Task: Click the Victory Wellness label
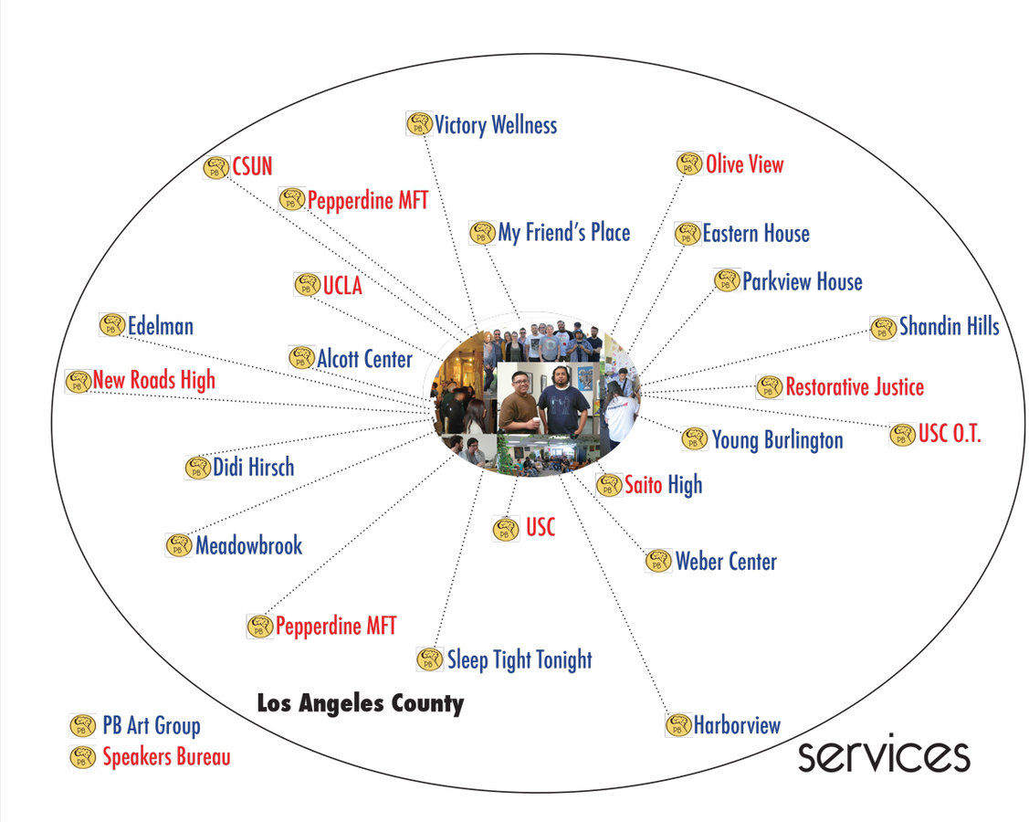click(495, 124)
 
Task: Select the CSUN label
click(252, 166)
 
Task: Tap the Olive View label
click(744, 164)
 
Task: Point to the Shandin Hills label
click(949, 326)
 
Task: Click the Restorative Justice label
click(855, 387)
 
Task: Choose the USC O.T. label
click(950, 435)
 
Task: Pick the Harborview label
click(737, 725)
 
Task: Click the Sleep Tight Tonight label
click(519, 659)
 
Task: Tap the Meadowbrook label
click(248, 546)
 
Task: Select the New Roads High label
click(154, 380)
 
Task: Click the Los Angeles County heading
click(360, 704)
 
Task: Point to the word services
click(883, 755)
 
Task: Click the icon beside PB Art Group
click(83, 726)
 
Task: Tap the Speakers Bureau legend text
click(166, 757)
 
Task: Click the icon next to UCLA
click(307, 285)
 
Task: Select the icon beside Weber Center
click(657, 561)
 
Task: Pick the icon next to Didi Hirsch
click(197, 468)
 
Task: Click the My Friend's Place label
click(563, 233)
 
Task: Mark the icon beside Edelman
click(111, 325)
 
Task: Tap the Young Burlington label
click(777, 440)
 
